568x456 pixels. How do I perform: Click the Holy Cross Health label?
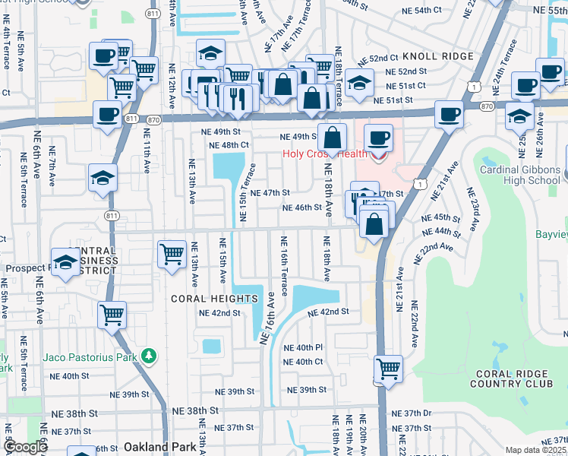(x=324, y=154)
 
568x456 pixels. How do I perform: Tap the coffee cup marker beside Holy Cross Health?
(x=378, y=139)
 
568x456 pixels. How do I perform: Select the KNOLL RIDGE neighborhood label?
(x=438, y=57)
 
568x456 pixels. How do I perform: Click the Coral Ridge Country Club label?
(x=513, y=379)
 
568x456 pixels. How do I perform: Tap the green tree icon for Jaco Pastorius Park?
(x=150, y=356)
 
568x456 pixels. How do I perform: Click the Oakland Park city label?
(x=155, y=446)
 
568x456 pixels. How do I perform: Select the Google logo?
(x=25, y=447)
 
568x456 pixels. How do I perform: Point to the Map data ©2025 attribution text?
(x=536, y=450)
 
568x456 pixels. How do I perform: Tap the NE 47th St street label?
(x=270, y=193)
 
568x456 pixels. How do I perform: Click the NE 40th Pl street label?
(x=303, y=347)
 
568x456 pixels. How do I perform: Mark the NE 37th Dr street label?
(x=417, y=413)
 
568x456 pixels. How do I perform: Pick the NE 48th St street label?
(x=229, y=145)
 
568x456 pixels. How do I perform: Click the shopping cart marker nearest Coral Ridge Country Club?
(x=388, y=369)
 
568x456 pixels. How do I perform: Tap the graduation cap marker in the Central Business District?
(x=65, y=261)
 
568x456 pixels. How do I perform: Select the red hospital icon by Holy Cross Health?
(x=378, y=155)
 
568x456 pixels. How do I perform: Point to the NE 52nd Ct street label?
(x=378, y=58)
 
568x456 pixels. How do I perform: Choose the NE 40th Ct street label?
(x=303, y=362)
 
